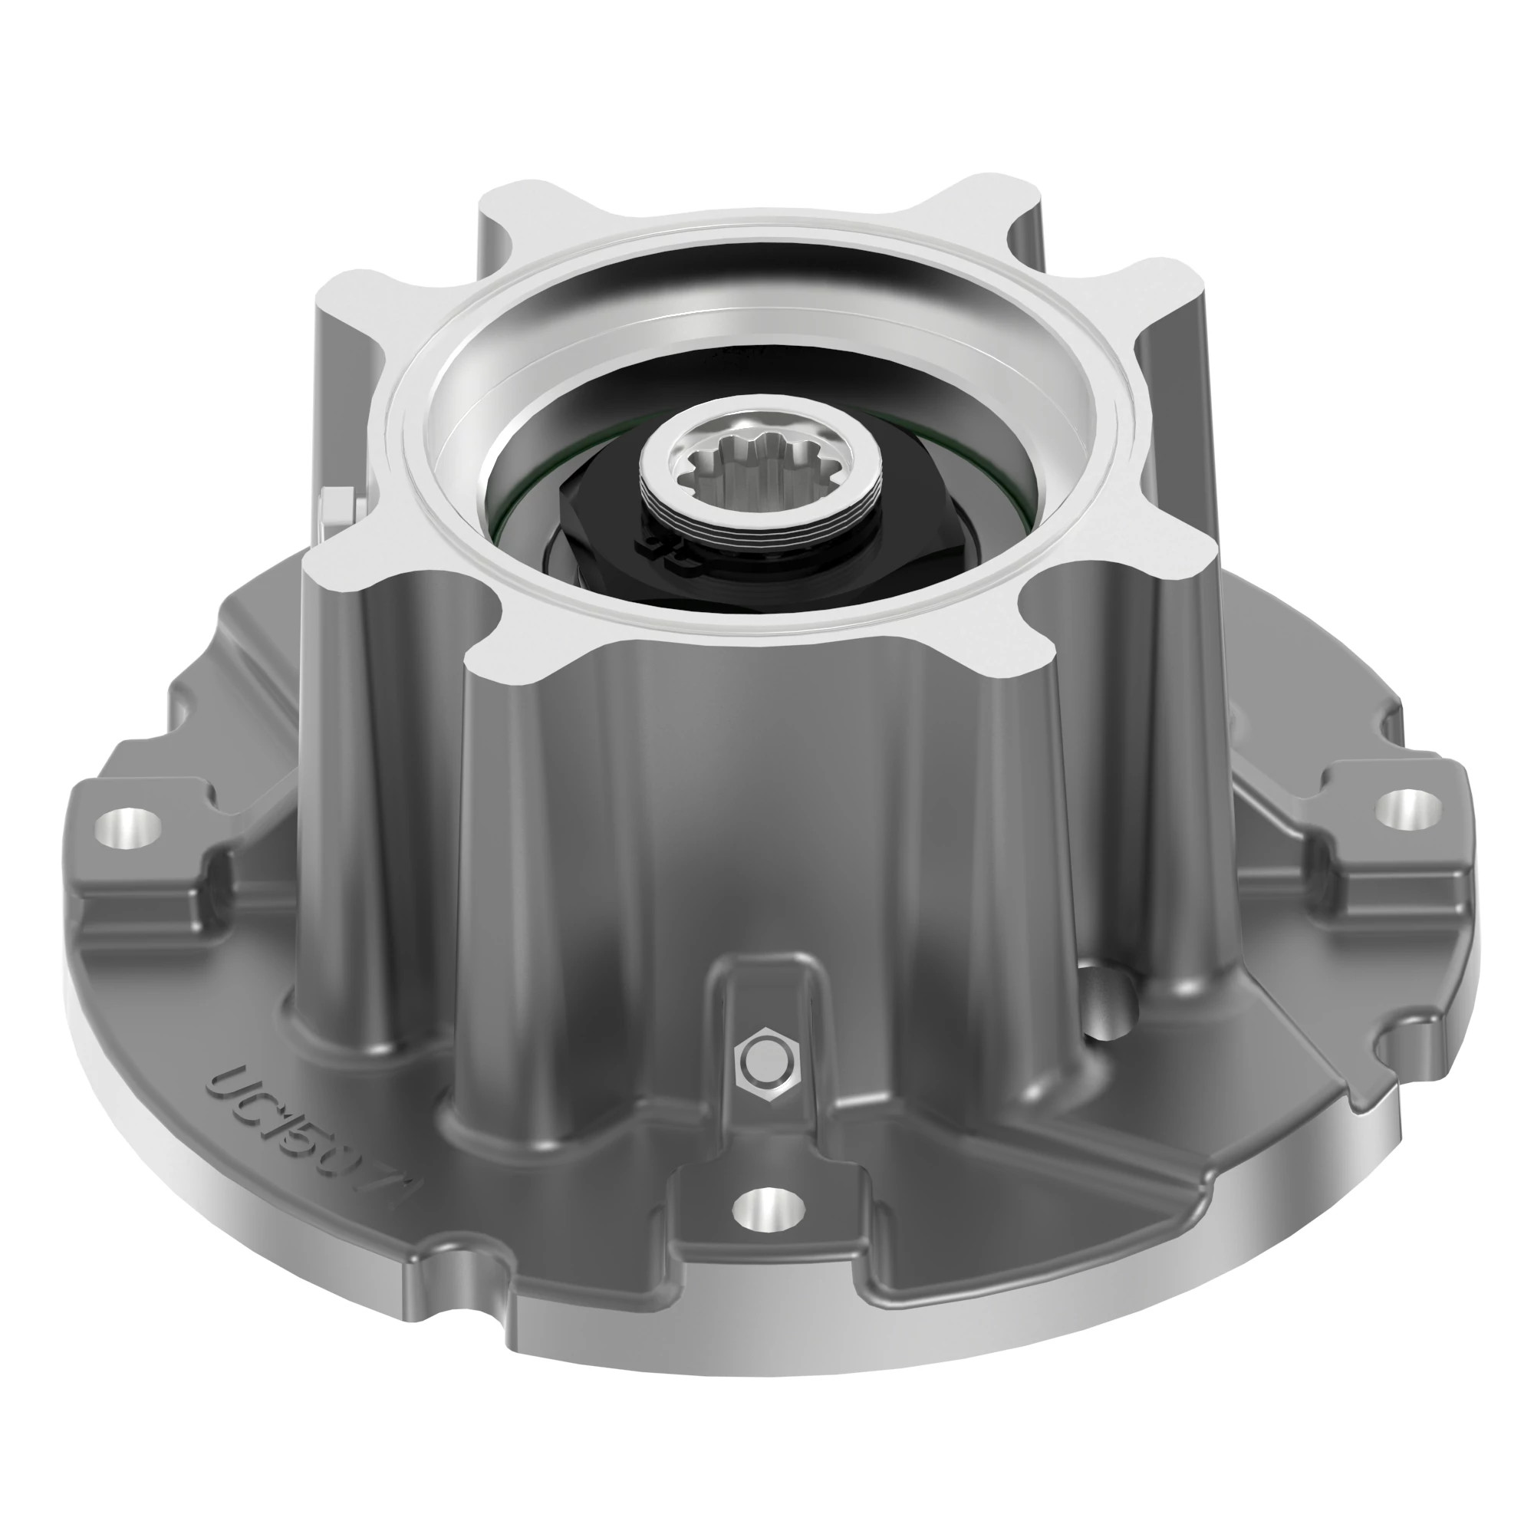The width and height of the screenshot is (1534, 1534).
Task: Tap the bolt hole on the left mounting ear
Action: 127,828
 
